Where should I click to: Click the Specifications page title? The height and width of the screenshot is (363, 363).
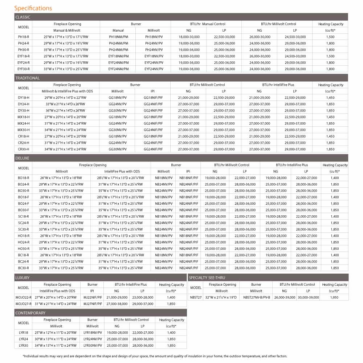point(33,8)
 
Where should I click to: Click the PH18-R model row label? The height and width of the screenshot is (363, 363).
point(24,37)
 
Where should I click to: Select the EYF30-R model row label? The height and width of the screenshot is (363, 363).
point(24,69)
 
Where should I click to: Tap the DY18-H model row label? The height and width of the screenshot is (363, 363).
point(24,98)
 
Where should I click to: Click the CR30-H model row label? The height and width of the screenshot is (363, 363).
point(24,149)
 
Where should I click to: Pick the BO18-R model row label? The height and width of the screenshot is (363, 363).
point(24,178)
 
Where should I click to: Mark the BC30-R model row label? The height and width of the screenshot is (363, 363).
point(24,268)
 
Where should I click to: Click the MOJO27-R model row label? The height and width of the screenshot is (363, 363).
point(24,303)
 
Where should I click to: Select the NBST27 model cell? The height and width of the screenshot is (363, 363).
point(196,297)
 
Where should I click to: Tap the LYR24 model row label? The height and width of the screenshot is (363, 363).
point(24,339)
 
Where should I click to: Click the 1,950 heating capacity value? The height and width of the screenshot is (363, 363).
point(334,297)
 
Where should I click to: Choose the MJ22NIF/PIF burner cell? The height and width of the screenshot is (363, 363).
point(92,297)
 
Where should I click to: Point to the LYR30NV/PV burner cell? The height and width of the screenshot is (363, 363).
point(93,346)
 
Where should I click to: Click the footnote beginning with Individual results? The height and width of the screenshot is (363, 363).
point(155,356)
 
